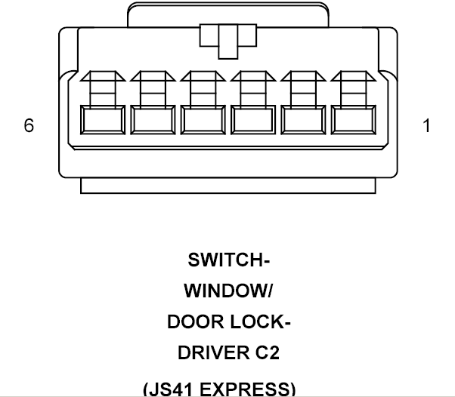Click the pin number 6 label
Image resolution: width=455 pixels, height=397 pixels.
[29, 125]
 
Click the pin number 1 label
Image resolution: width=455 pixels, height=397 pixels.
[426, 126]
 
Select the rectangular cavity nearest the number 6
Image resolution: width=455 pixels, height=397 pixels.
[103, 120]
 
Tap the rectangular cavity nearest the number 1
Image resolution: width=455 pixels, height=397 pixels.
[354, 120]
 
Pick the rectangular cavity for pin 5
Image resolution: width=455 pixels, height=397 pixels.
[153, 120]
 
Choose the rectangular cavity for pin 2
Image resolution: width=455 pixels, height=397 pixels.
[303, 120]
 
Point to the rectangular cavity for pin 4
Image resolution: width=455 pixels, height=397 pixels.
[203, 120]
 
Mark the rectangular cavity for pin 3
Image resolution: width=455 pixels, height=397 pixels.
[253, 120]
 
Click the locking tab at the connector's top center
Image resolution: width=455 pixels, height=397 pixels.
[228, 42]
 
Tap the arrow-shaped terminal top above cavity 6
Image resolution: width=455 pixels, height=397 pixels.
[103, 76]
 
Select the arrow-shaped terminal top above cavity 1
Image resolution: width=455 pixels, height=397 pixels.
[354, 76]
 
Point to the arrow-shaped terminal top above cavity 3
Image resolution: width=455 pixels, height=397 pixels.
[253, 76]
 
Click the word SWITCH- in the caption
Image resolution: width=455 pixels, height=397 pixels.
[229, 260]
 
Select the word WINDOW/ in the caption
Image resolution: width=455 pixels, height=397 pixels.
[228, 291]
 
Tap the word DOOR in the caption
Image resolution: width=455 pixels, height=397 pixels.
[196, 322]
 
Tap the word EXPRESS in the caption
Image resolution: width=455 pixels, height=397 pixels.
[245, 389]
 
